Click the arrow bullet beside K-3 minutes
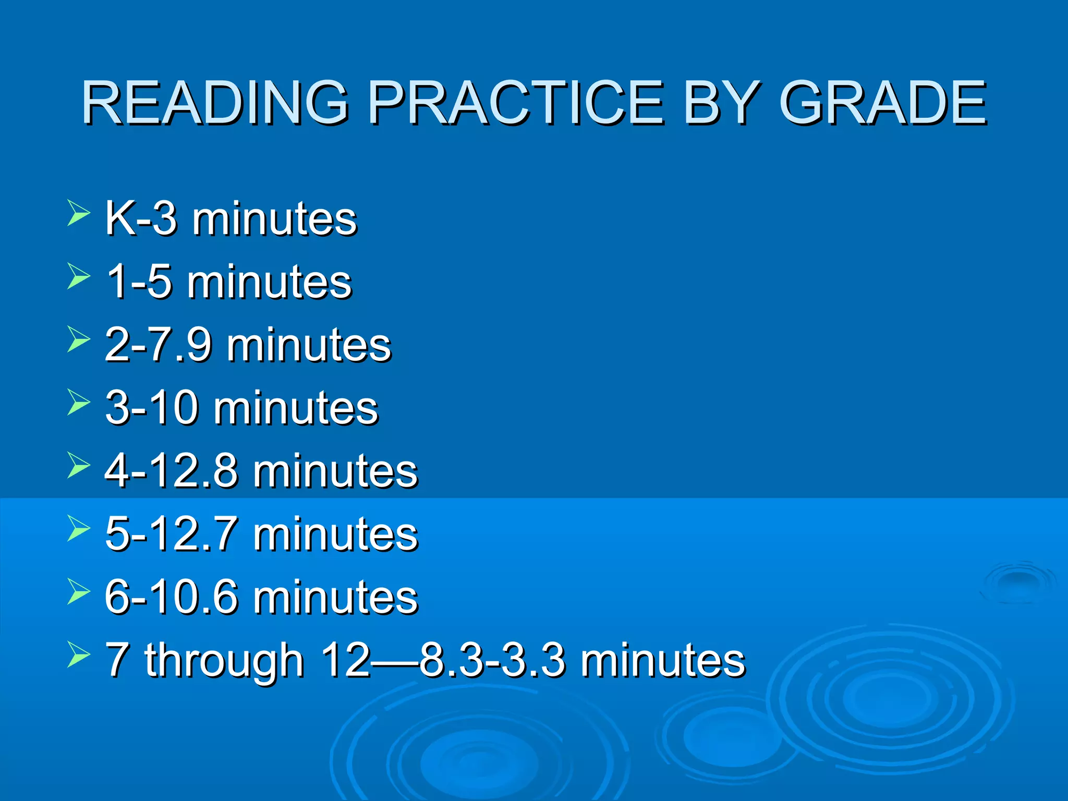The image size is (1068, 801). pos(78,214)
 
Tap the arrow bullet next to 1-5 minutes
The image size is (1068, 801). pos(78,276)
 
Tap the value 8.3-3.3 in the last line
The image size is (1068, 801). pos(493,660)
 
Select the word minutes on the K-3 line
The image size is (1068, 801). pos(274,219)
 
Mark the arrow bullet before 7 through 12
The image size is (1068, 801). pos(78,656)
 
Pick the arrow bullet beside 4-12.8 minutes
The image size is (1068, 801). pos(78,466)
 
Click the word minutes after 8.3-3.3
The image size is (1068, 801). pos(663,660)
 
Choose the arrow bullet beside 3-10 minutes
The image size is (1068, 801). pos(78,403)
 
